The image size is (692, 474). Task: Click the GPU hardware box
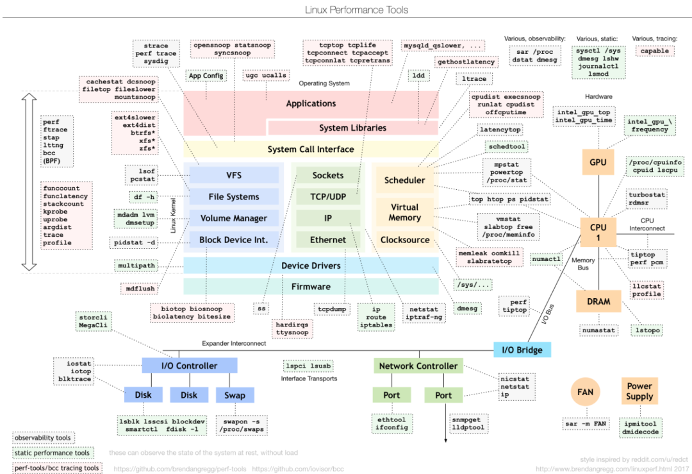[x=598, y=162]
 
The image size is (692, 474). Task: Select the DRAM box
[x=598, y=301]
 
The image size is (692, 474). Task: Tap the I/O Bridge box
[x=522, y=350]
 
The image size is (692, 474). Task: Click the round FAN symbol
[x=584, y=391]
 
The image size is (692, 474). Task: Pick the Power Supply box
[x=639, y=391]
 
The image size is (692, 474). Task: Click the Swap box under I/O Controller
[x=235, y=395]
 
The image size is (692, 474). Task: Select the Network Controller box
[x=418, y=366]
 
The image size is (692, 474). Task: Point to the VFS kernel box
[x=234, y=175]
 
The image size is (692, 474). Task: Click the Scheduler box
[x=404, y=180]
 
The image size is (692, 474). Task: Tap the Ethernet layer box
[x=328, y=240]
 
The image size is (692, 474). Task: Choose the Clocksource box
[x=404, y=240]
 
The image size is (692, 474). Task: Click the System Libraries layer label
[x=352, y=128]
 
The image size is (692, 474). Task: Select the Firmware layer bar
[x=311, y=287]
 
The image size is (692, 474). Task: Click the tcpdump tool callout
[x=332, y=309]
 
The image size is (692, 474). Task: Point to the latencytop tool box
[x=500, y=130]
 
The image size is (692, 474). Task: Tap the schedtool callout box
[x=507, y=147]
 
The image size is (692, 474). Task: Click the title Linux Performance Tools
[x=347, y=10]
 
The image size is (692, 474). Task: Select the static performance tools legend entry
[x=52, y=453]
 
